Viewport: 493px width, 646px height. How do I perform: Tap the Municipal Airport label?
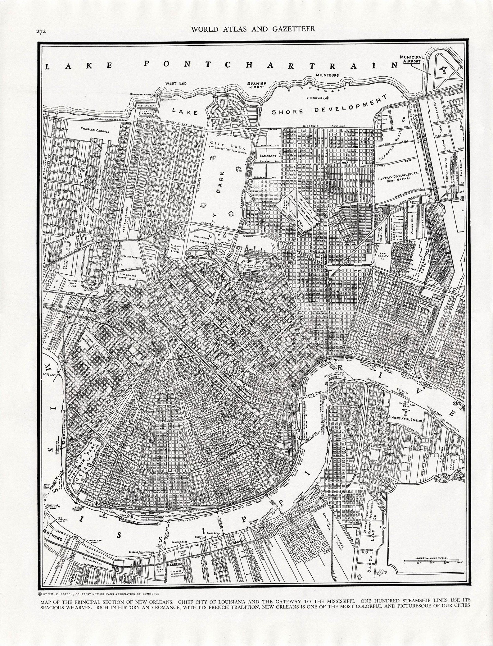(x=412, y=59)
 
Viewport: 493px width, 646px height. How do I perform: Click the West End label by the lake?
(x=176, y=83)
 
